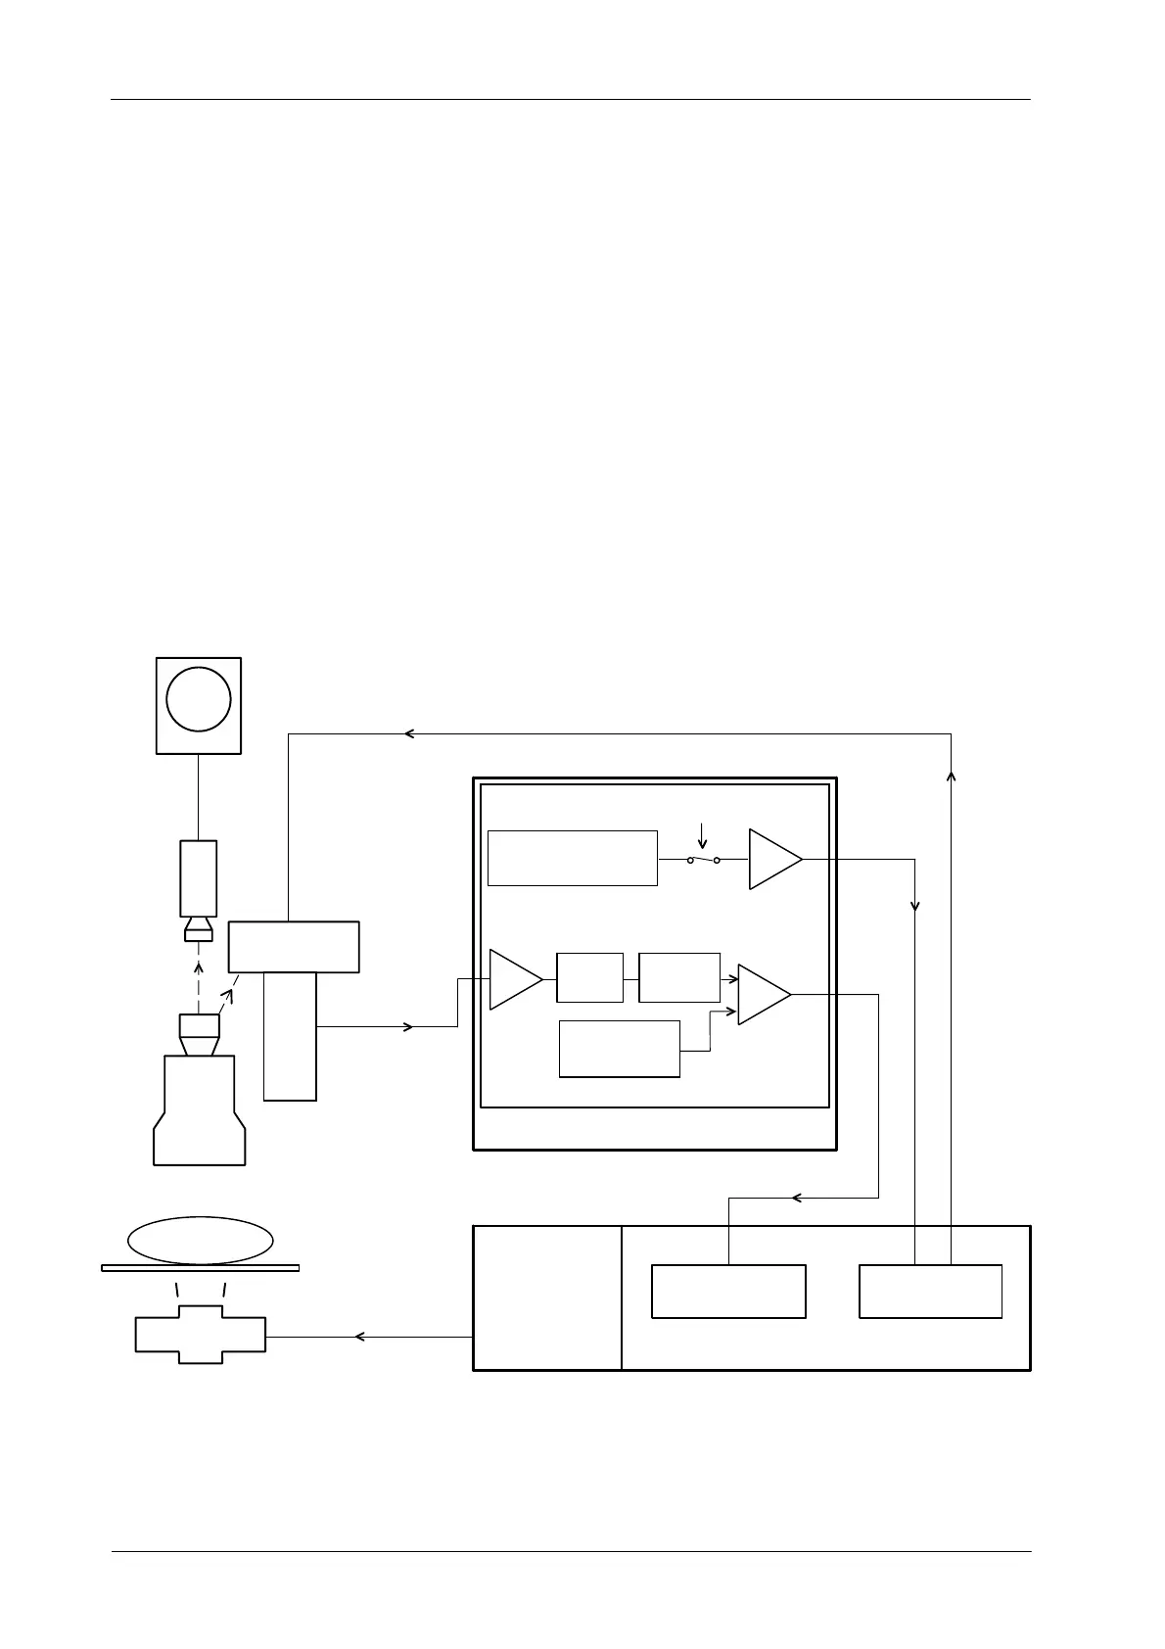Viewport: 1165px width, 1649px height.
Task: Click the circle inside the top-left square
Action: [x=199, y=699]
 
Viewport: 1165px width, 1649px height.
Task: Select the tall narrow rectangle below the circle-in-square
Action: [x=199, y=878]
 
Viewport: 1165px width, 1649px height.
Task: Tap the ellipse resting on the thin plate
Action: [x=201, y=1241]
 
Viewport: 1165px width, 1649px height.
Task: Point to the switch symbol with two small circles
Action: [x=703, y=860]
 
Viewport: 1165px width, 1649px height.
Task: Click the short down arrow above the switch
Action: [x=702, y=838]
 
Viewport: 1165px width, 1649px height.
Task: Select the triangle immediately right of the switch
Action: [x=773, y=859]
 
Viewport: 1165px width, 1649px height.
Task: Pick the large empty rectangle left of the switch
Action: [x=572, y=858]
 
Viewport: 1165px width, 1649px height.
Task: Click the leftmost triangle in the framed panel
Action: [x=513, y=978]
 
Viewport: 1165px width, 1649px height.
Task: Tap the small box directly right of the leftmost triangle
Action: [x=589, y=977]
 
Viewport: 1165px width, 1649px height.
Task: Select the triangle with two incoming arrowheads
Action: [x=762, y=994]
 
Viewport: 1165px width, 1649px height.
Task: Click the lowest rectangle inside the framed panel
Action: [x=619, y=1049]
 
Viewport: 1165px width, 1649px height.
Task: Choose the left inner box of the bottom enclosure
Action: [x=728, y=1291]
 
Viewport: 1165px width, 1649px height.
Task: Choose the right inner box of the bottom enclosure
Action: [x=930, y=1291]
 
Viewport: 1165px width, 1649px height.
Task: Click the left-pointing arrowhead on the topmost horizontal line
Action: [x=409, y=733]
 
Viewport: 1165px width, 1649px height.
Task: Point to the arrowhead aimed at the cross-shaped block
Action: [x=359, y=1336]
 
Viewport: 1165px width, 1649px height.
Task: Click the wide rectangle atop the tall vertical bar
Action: [x=294, y=946]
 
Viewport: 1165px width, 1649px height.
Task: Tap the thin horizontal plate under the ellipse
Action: [x=200, y=1268]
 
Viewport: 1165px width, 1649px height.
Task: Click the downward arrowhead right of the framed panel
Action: [x=915, y=906]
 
